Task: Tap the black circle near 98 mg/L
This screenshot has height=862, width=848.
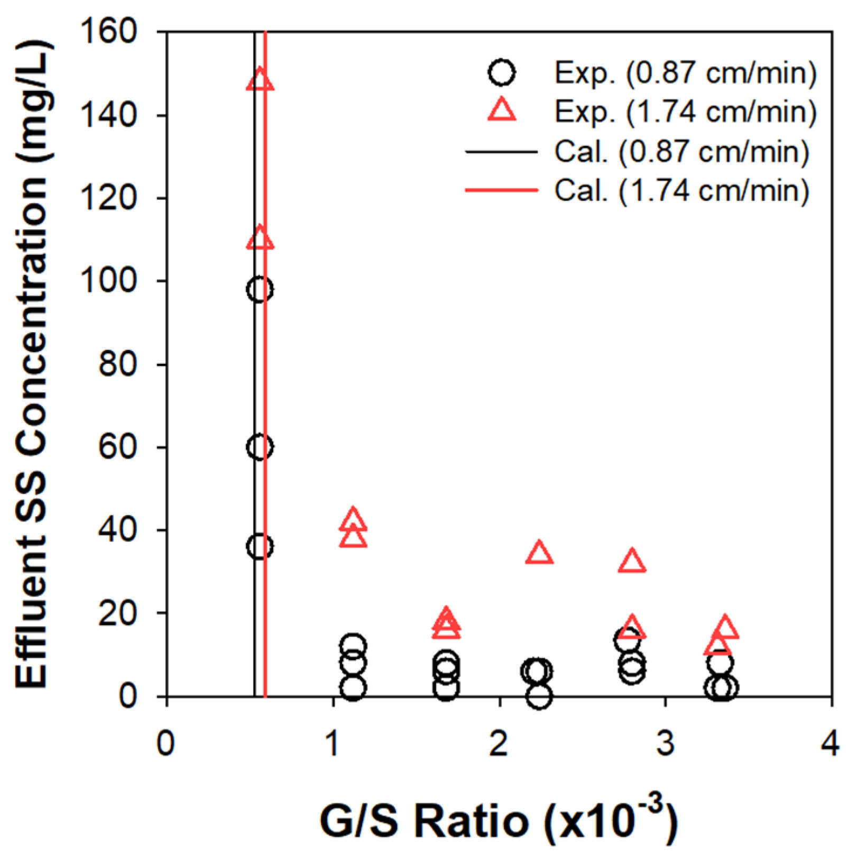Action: point(260,289)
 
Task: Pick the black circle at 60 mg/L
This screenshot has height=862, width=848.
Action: point(260,447)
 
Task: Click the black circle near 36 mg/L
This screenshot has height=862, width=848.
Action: point(260,546)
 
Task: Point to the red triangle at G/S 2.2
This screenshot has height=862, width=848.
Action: point(539,554)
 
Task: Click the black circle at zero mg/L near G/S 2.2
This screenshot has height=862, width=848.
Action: point(539,696)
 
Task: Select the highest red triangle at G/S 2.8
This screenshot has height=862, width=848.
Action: point(632,562)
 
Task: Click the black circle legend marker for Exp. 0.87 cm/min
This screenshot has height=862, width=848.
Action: point(502,72)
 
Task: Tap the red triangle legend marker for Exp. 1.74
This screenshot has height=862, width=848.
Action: point(502,112)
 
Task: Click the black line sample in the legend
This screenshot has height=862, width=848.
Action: point(501,152)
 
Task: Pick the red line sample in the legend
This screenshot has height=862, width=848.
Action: point(501,190)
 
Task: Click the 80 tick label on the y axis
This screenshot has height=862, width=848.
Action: point(117,364)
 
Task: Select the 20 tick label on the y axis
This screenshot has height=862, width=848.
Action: point(117,613)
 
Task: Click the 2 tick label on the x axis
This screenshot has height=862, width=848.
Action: point(499,743)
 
